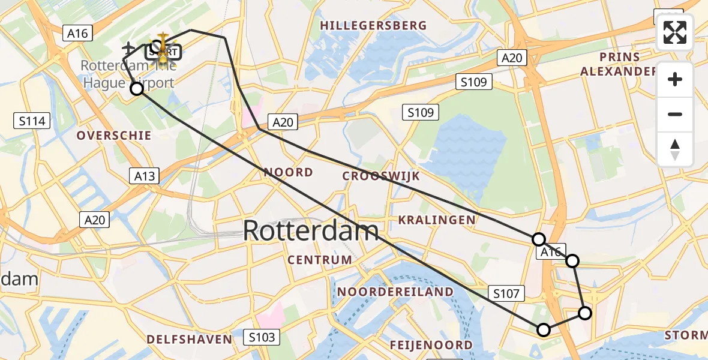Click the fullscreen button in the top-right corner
click(675, 32)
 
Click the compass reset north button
click(675, 149)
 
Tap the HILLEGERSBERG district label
click(373, 26)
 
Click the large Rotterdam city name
click(311, 231)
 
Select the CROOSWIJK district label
click(381, 176)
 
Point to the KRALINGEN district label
click(437, 220)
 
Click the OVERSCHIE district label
click(113, 136)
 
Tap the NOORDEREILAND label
click(395, 292)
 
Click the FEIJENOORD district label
click(431, 345)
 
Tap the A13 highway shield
click(144, 176)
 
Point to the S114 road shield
click(32, 121)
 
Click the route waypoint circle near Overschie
click(137, 89)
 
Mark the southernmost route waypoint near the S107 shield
click(544, 329)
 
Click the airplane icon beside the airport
click(128, 47)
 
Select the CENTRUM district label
click(320, 260)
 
